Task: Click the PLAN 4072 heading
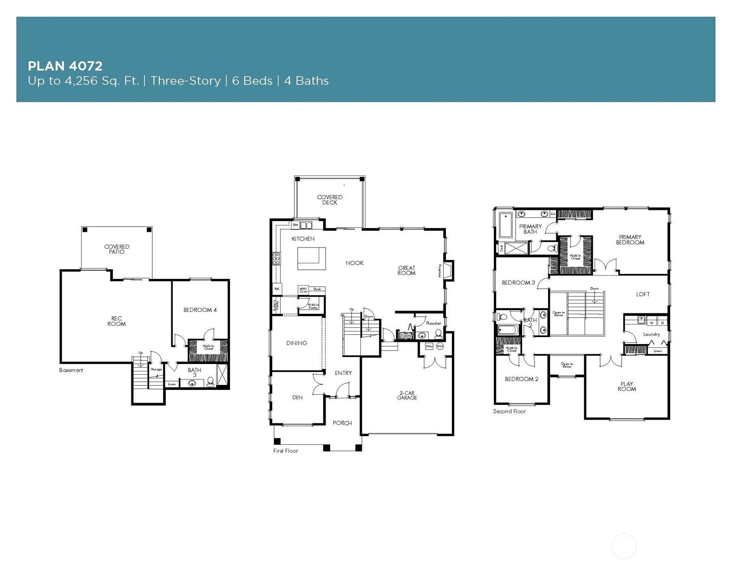65,66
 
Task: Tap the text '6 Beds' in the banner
252,81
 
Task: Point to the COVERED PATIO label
117,249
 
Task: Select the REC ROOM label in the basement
116,321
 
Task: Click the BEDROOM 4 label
200,310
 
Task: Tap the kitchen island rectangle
311,259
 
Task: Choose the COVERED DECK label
330,200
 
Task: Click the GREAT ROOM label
406,271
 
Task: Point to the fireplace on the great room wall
448,271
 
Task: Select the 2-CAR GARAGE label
406,396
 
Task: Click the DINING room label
296,343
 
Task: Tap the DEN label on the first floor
297,397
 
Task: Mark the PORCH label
342,423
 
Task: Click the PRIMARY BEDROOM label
630,240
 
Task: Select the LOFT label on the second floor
643,294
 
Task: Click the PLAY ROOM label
627,386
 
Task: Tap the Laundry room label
651,334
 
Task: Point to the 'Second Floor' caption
510,411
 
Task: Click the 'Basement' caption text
71,370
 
